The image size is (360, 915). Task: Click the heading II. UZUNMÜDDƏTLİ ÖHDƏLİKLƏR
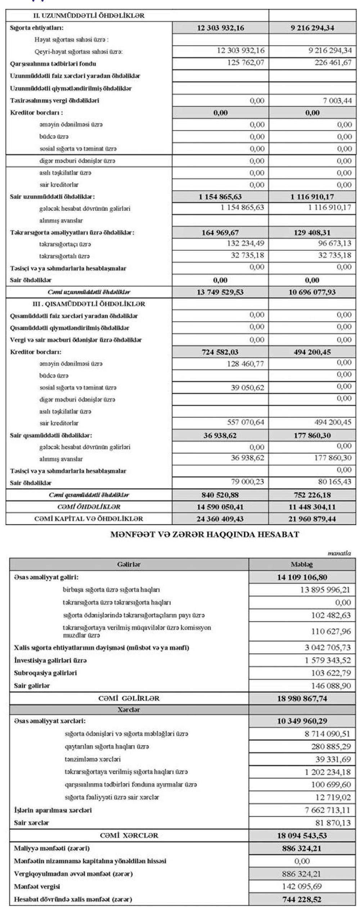(x=89, y=15)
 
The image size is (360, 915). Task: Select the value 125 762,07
(x=246, y=63)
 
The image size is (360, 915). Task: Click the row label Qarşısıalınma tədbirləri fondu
(x=53, y=64)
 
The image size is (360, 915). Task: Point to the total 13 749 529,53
(x=220, y=292)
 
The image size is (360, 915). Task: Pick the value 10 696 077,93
(x=312, y=292)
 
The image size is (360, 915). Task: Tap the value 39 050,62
(x=247, y=388)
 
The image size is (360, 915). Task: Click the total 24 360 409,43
(x=220, y=519)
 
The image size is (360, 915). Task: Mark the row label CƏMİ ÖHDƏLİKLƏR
(x=89, y=507)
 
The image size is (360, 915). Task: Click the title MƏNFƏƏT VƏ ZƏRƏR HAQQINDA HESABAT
(x=204, y=535)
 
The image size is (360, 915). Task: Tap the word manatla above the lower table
(x=339, y=553)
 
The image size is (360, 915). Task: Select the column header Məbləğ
(x=302, y=564)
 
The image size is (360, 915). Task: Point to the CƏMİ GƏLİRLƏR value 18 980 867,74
(x=302, y=699)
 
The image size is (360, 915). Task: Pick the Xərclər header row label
(x=129, y=710)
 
